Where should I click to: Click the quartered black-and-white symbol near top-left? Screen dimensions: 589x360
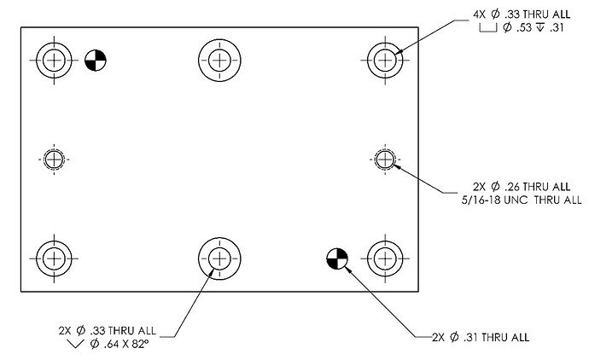(x=96, y=60)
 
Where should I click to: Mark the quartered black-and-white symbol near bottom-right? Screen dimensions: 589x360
(x=337, y=258)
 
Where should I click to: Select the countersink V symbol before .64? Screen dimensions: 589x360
(x=75, y=344)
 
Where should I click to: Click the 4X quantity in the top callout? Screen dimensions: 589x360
(x=480, y=15)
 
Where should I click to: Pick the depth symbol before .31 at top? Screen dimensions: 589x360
(x=540, y=27)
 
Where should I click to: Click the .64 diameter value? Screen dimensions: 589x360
(x=111, y=344)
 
